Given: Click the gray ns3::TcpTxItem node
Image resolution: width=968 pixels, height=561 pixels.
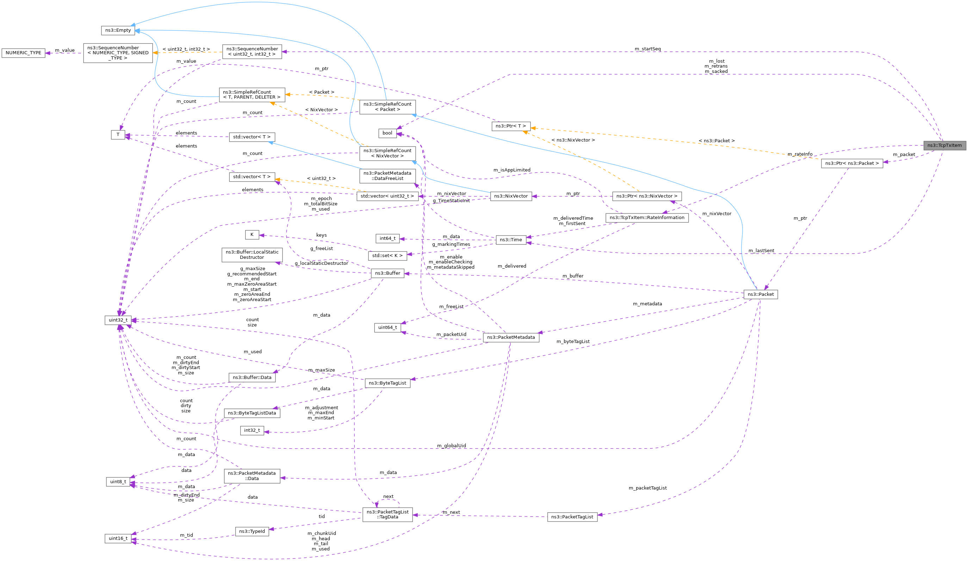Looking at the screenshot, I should coord(944,145).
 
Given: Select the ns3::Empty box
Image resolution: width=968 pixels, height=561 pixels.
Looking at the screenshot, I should coord(118,30).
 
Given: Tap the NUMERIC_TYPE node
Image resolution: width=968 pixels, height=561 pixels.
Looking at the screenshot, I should coord(24,53).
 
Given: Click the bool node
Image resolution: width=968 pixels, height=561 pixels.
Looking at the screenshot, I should coord(387,133).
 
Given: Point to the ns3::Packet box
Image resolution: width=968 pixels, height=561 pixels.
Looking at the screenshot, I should coord(760,294).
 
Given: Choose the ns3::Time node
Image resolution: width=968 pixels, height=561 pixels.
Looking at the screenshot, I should coord(510,239).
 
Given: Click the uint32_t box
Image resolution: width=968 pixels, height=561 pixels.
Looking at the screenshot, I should coord(118,320).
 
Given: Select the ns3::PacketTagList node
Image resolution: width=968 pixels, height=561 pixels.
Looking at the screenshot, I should coord(572,517).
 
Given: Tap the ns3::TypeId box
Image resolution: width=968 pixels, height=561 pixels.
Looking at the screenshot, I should coord(252,531).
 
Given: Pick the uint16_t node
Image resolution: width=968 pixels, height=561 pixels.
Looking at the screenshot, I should coord(118,538).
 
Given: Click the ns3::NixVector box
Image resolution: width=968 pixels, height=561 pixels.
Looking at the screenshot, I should coord(511,196).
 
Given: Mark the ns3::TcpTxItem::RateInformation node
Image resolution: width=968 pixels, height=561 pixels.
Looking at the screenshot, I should coord(647,218).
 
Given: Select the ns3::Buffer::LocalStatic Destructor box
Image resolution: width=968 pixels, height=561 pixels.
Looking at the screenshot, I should coord(252,255).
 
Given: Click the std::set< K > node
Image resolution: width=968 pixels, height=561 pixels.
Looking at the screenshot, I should coord(387,255).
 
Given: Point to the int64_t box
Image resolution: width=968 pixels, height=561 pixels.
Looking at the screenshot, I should coord(387,238).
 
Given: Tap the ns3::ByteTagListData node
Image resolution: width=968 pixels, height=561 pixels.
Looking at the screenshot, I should coord(252,413).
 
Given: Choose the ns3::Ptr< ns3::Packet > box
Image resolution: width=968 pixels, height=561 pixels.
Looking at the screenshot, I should coord(852,163).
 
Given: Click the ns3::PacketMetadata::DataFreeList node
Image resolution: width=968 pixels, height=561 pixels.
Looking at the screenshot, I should coord(387,176).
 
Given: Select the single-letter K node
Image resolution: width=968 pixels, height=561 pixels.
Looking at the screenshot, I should coord(252,235).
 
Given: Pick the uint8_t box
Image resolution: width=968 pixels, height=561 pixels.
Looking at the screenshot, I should coord(118,481).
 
